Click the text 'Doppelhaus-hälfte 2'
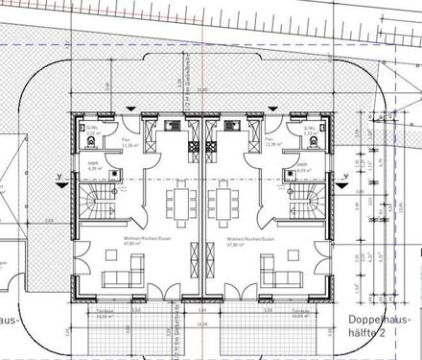(x=384, y=322)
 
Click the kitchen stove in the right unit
(x=230, y=126)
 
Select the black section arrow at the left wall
(x=63, y=180)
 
